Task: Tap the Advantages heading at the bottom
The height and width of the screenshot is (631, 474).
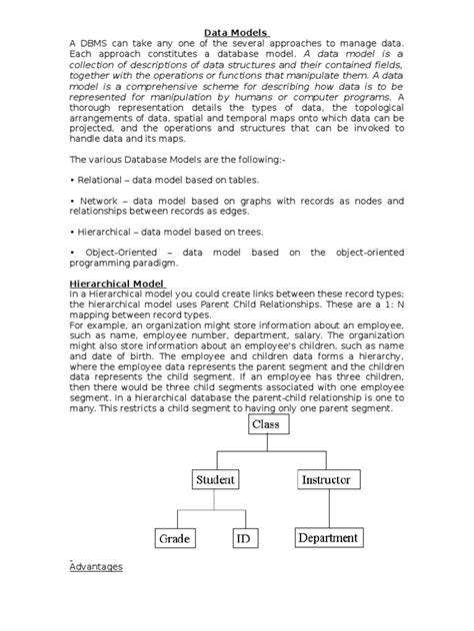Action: coord(96,566)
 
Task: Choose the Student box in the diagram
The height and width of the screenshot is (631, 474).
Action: coord(215,480)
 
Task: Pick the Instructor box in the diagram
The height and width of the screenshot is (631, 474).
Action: coord(325,480)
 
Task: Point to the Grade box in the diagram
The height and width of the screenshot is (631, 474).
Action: coord(174,538)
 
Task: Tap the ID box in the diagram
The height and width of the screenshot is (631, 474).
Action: coord(242,538)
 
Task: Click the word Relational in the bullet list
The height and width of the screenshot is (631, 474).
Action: coord(105,180)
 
